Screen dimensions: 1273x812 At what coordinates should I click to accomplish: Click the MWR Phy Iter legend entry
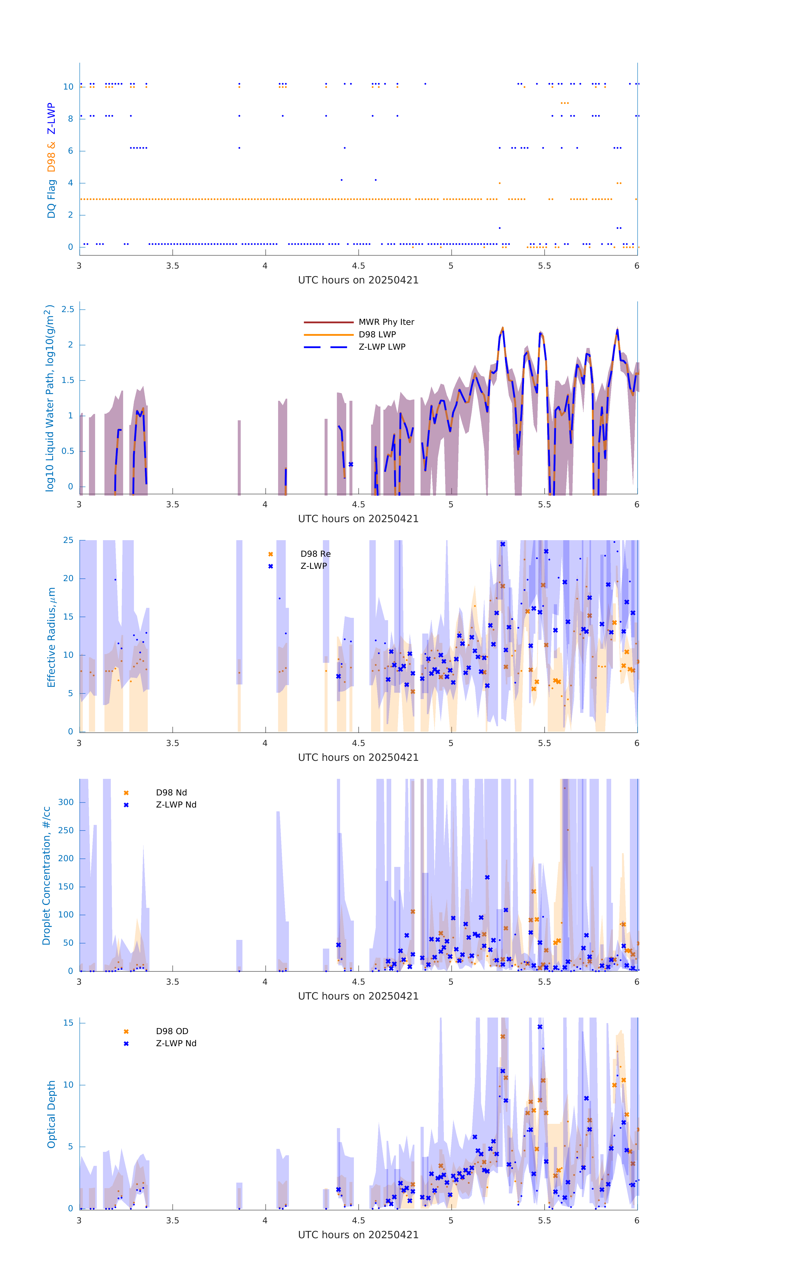pos(386,322)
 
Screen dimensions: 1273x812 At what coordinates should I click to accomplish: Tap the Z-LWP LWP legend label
pos(382,347)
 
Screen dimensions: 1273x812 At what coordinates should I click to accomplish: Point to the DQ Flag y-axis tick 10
pos(68,87)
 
